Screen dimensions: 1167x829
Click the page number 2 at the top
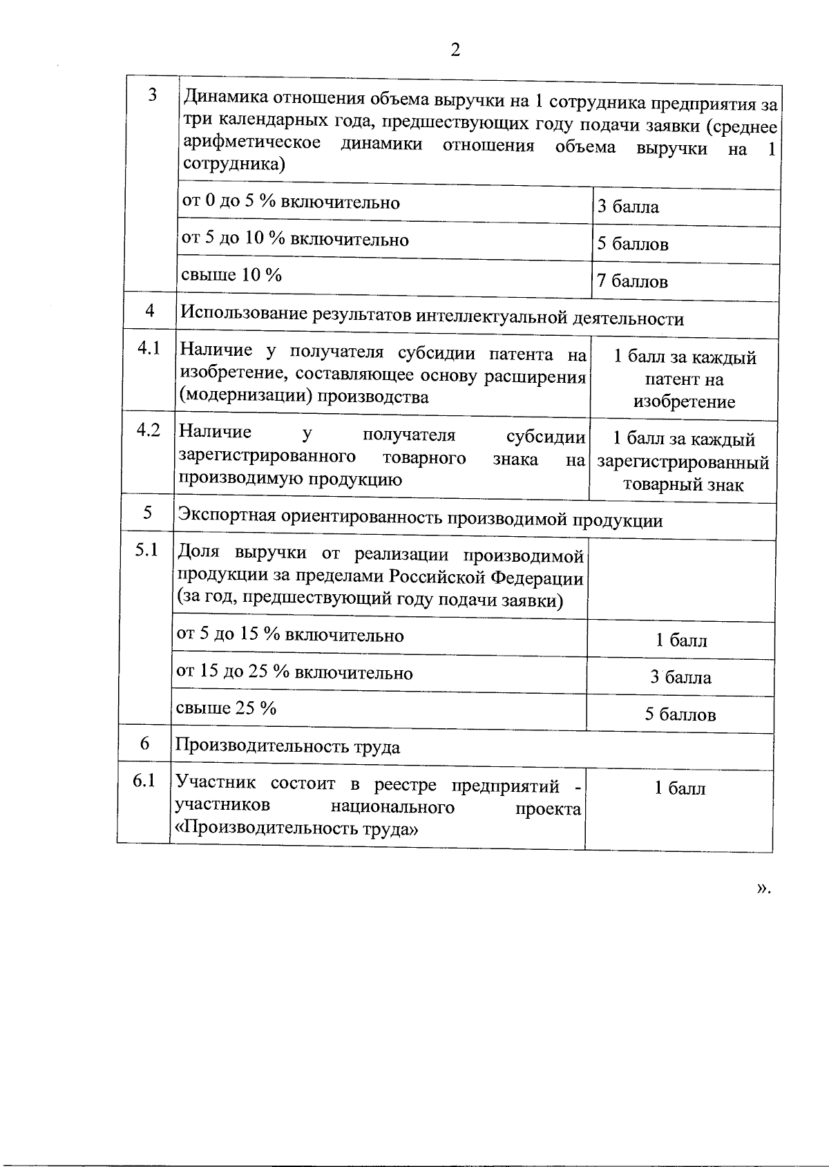pyautogui.click(x=454, y=50)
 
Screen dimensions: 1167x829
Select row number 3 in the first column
pyautogui.click(x=153, y=95)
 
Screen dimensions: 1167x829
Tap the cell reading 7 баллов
pyautogui.click(x=632, y=281)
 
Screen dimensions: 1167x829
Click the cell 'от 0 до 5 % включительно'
pyautogui.click(x=290, y=202)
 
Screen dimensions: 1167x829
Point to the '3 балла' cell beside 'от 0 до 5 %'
pyautogui.click(x=627, y=207)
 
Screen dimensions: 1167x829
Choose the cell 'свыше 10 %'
pyautogui.click(x=231, y=275)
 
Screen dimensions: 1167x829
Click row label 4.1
pyautogui.click(x=149, y=348)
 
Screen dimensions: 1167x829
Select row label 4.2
pyautogui.click(x=149, y=430)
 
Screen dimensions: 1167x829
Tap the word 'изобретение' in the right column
pyautogui.click(x=684, y=402)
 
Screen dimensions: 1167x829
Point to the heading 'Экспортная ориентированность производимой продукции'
pyautogui.click(x=420, y=519)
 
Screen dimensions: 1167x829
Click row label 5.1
pyautogui.click(x=146, y=550)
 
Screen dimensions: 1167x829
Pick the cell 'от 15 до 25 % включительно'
pyautogui.click(x=294, y=672)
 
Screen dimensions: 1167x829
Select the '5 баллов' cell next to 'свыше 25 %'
pyautogui.click(x=680, y=714)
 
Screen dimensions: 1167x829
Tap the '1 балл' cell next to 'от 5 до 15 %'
pyautogui.click(x=680, y=640)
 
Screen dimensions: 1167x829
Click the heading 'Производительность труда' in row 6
pyautogui.click(x=287, y=747)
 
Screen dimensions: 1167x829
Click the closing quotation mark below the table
pyautogui.click(x=763, y=889)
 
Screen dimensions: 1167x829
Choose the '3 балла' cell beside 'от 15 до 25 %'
pyautogui.click(x=680, y=677)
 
